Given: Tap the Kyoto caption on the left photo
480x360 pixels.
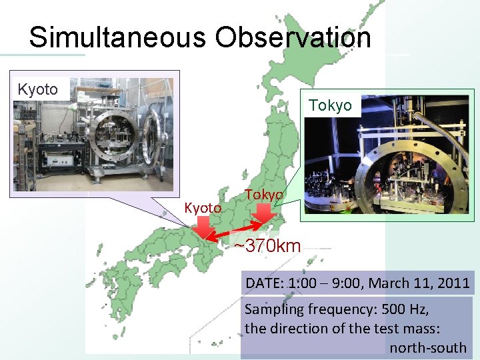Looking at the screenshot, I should (38, 89).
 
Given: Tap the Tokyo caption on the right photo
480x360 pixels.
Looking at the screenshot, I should (330, 106).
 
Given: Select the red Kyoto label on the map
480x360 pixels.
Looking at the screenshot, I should (203, 209).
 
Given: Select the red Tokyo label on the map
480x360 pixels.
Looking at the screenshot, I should (264, 194).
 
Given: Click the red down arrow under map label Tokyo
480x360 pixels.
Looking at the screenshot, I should (264, 213).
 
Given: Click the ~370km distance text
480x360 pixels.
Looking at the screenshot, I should (267, 246).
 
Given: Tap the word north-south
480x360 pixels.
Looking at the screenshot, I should (428, 348).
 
